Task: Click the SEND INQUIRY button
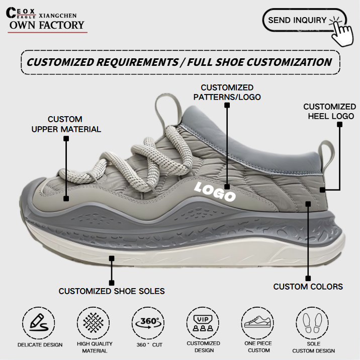tap(298, 20)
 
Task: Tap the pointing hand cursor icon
tap(344, 31)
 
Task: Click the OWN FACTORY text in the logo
tap(46, 25)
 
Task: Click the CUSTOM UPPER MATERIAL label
tap(66, 124)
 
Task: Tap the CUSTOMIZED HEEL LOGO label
tap(329, 111)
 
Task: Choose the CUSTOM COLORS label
tap(308, 287)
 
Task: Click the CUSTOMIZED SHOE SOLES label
tap(112, 291)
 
